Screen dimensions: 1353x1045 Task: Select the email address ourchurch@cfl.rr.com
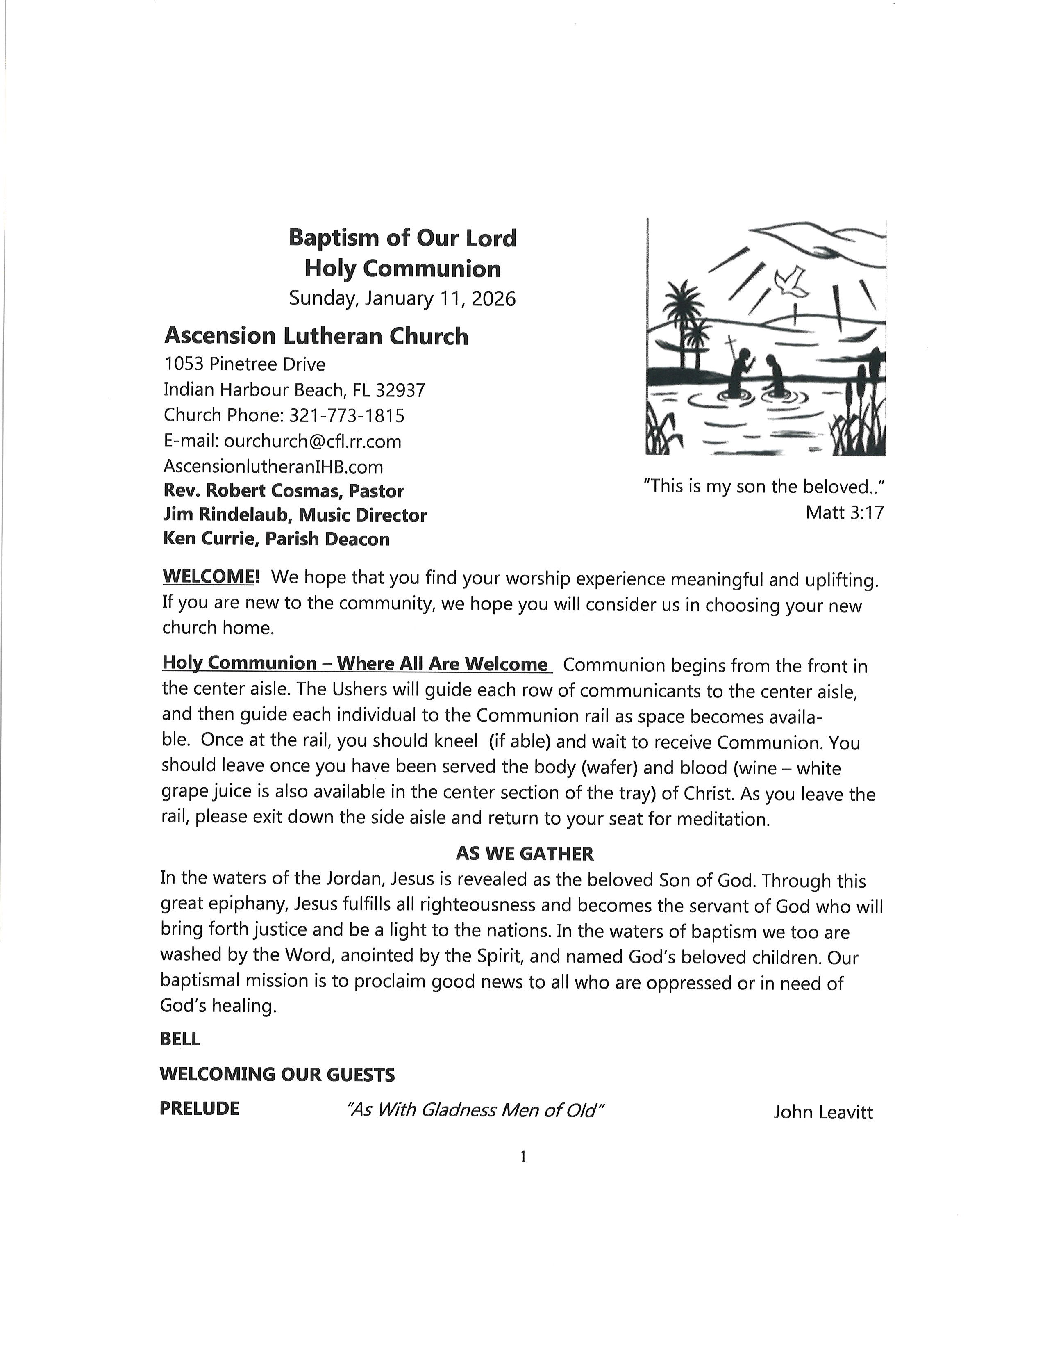click(x=313, y=441)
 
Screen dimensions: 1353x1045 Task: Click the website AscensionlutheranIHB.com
click(x=273, y=467)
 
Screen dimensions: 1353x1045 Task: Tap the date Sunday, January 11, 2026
click(x=402, y=298)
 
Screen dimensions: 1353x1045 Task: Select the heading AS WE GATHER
click(x=525, y=854)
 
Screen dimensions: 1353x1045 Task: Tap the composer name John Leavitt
click(x=823, y=1112)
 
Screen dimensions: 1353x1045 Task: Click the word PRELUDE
click(x=199, y=1109)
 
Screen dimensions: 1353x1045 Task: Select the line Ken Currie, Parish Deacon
click(x=276, y=539)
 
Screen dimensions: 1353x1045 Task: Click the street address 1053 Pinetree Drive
click(x=245, y=364)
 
